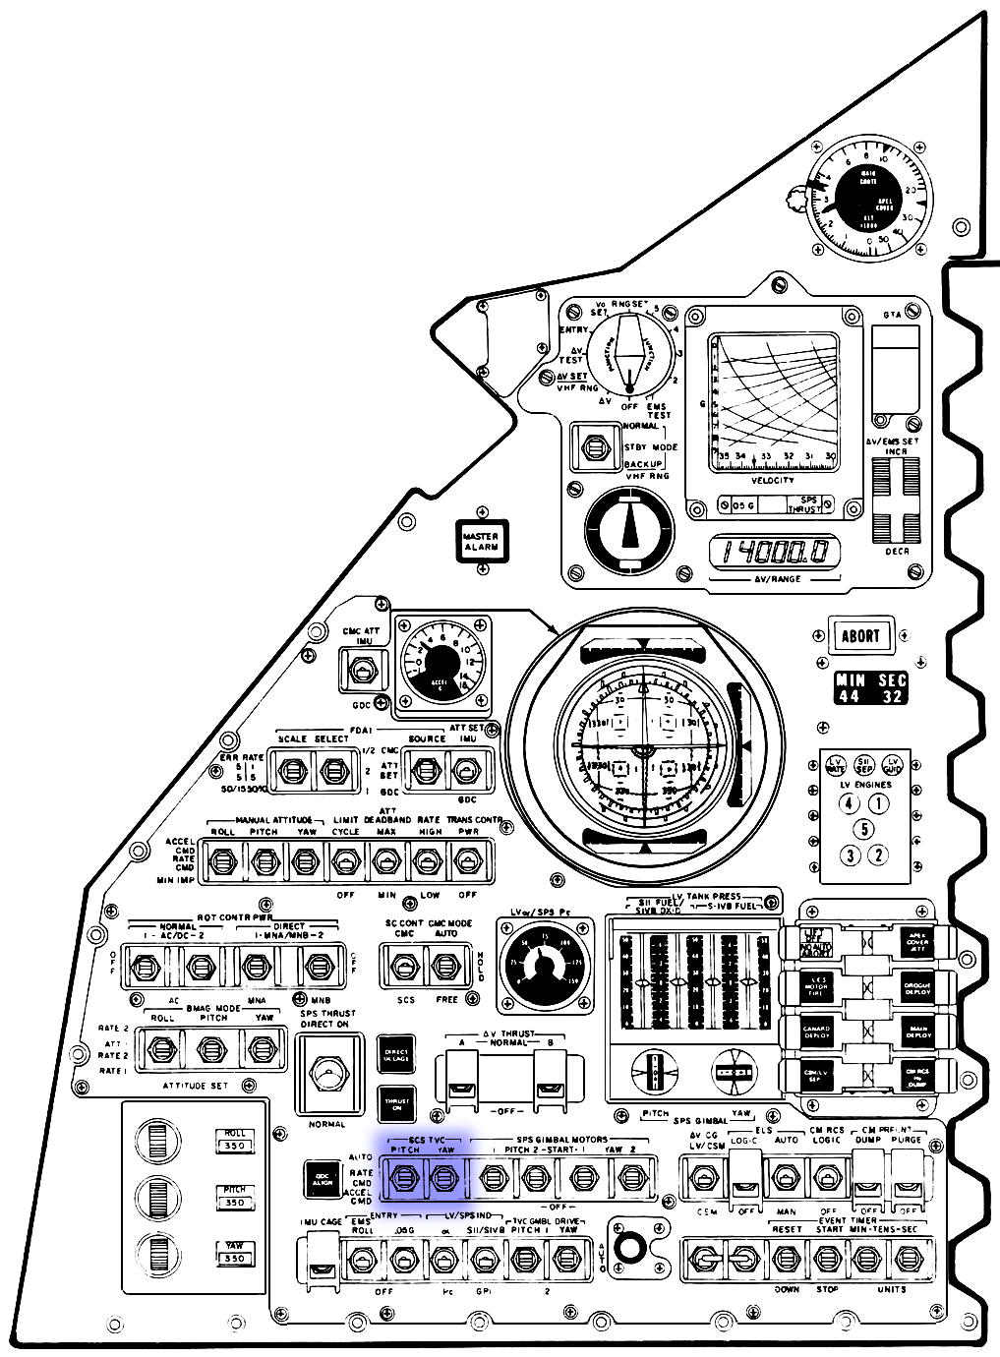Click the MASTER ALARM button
(x=481, y=540)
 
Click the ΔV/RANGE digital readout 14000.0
(x=777, y=553)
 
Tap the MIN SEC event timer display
(x=870, y=688)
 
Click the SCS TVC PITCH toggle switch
(x=404, y=1176)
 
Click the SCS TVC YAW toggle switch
(x=446, y=1176)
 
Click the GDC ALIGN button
(x=323, y=1179)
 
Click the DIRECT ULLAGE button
(x=397, y=1054)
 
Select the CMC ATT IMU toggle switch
(x=362, y=672)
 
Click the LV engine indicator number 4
(x=850, y=803)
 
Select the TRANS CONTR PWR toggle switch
(x=467, y=862)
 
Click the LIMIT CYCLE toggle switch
(x=346, y=862)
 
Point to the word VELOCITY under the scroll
(x=773, y=479)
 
